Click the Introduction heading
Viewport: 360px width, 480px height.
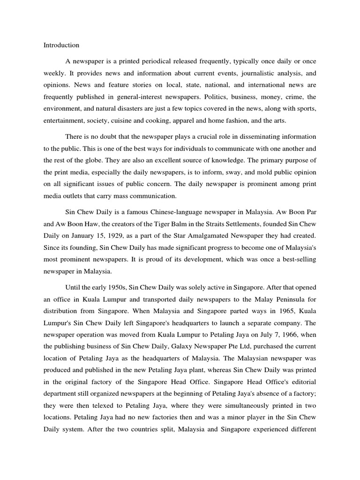(61, 45)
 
